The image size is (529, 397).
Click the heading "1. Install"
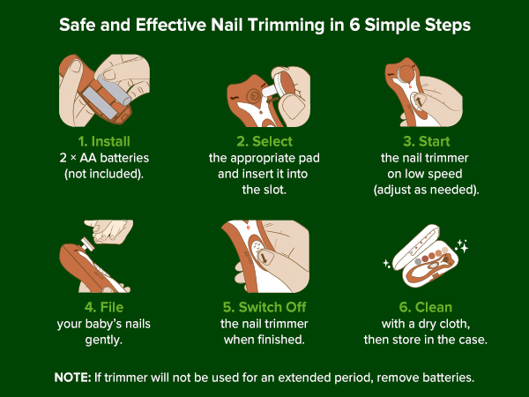(104, 141)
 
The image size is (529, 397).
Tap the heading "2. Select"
(264, 141)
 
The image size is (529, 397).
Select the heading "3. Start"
(427, 141)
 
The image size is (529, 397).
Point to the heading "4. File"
(104, 307)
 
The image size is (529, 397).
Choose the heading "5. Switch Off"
(264, 307)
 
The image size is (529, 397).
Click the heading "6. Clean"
(426, 307)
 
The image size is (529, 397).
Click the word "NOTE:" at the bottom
(72, 377)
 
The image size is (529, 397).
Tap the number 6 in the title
(354, 25)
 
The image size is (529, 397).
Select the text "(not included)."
(104, 174)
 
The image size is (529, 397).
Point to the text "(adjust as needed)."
(426, 190)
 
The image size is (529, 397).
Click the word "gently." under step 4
(103, 340)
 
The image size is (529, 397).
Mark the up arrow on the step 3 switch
(418, 101)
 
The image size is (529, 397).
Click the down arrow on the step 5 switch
(264, 258)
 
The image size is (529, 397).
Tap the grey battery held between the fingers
(115, 89)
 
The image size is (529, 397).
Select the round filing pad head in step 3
(406, 74)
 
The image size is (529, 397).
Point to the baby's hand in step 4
(108, 231)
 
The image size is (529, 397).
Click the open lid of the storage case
(416, 246)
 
